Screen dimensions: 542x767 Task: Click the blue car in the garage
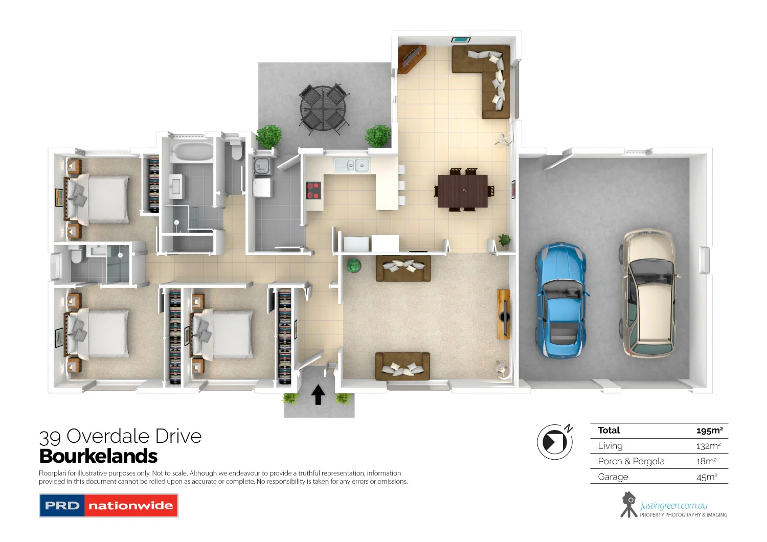click(x=560, y=302)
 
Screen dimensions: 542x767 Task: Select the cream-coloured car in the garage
click(x=648, y=294)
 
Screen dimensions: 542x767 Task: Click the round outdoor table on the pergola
click(x=323, y=108)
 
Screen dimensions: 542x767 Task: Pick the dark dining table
click(x=462, y=191)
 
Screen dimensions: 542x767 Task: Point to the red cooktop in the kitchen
click(x=313, y=190)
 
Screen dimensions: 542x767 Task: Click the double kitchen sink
click(x=356, y=165)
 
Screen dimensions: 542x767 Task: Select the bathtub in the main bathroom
click(x=192, y=152)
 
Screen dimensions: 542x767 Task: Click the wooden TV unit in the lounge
click(x=504, y=314)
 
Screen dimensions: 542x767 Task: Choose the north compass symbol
click(x=555, y=441)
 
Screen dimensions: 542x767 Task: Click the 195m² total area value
click(x=709, y=431)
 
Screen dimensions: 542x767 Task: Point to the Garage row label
click(x=613, y=477)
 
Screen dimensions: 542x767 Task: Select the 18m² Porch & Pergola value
click(x=706, y=461)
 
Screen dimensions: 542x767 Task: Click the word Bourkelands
click(x=98, y=456)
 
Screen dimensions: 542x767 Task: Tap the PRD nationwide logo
click(x=108, y=506)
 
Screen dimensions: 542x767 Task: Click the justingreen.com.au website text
click(x=673, y=506)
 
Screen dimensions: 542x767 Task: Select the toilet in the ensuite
click(x=76, y=255)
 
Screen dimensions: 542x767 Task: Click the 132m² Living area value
click(x=708, y=446)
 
